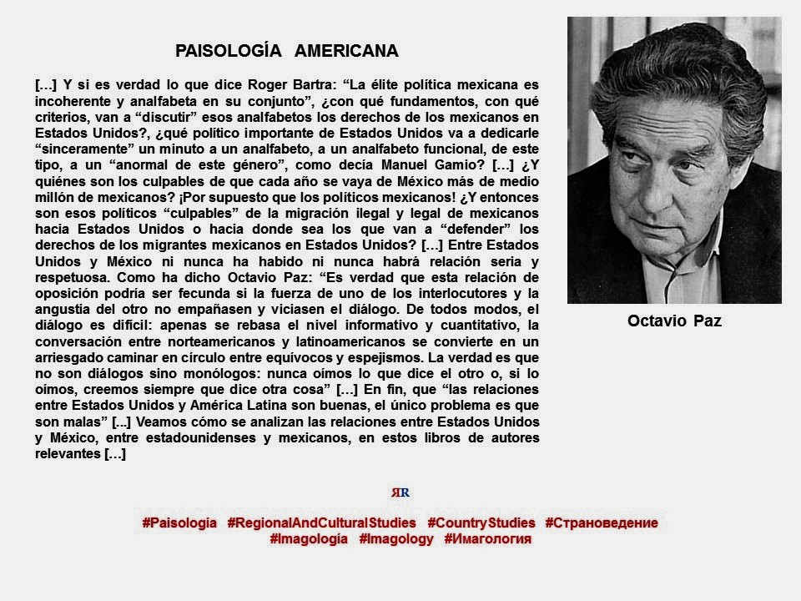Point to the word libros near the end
pos(391,438)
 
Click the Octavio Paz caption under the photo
pos(674,321)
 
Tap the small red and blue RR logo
pos(400,492)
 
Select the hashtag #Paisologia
pos(179,523)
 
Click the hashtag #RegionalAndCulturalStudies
pos(321,523)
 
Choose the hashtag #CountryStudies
pos(481,523)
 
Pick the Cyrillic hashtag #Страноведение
pos(602,523)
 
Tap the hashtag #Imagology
pos(396,539)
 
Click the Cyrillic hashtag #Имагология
pos(488,539)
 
